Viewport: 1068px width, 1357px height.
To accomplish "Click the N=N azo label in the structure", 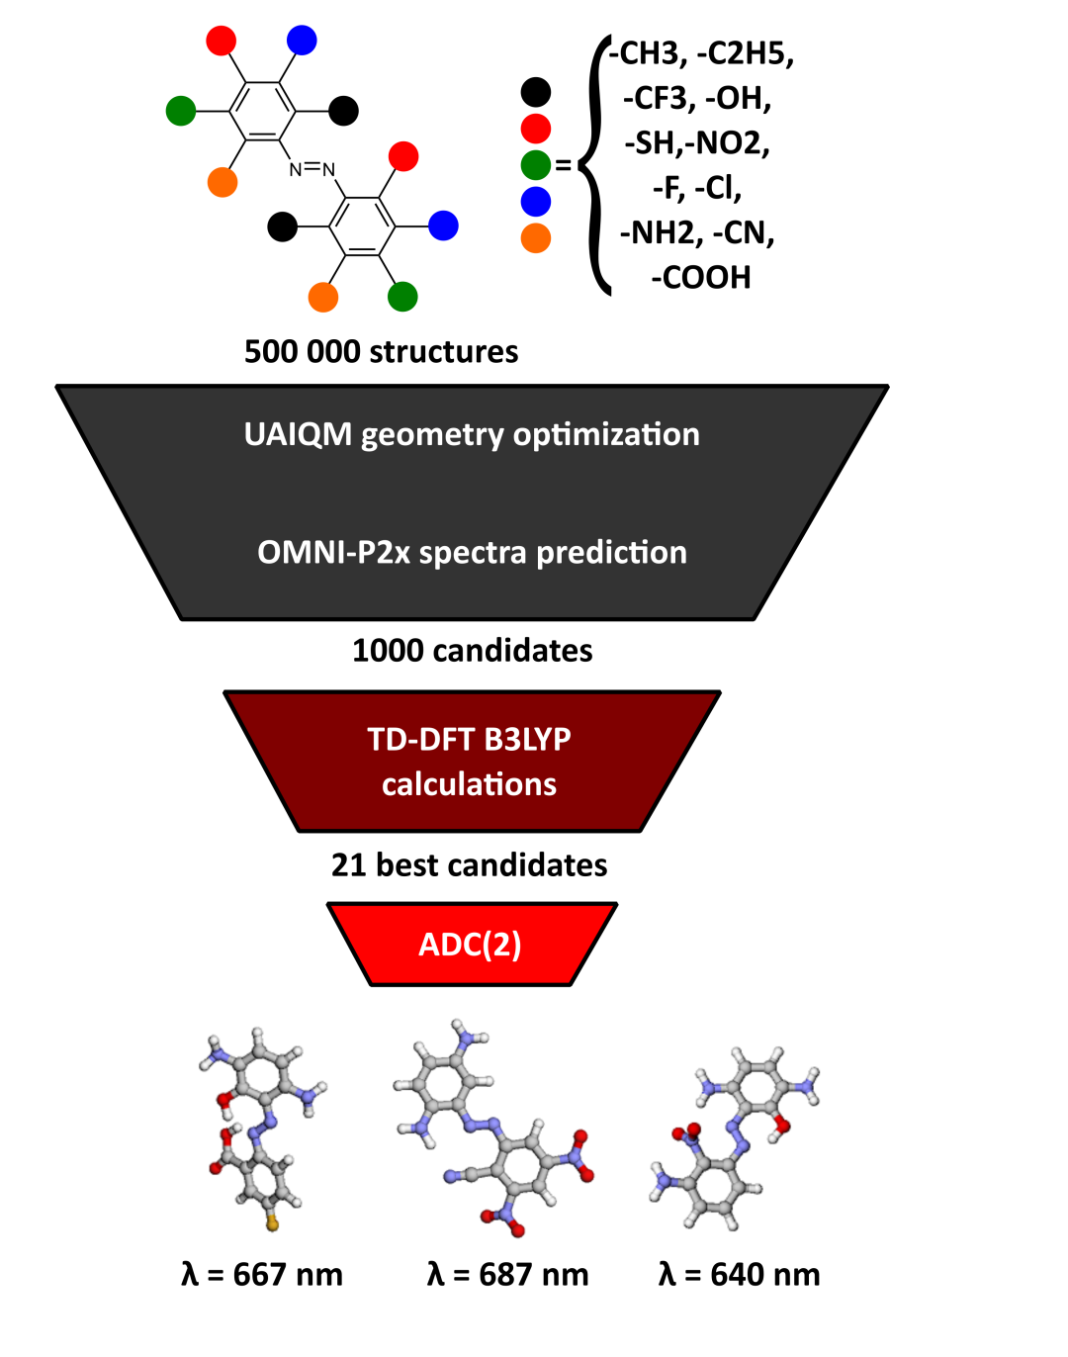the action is tap(311, 169).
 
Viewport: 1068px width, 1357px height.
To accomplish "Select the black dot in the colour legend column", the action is tap(535, 92).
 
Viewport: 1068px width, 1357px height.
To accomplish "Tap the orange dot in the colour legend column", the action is tap(535, 237).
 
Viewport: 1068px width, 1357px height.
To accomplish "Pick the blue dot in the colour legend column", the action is tap(535, 202).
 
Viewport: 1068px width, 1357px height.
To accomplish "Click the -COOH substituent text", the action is tap(700, 278).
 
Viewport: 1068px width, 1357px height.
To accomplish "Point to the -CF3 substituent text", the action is tap(659, 98).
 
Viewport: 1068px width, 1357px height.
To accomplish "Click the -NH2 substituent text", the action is tap(662, 232).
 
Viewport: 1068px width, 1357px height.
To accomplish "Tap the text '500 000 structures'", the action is tap(381, 351).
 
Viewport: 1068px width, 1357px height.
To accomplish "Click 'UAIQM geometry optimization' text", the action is tap(472, 435).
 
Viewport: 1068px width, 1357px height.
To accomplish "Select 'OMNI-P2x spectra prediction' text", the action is tap(472, 552).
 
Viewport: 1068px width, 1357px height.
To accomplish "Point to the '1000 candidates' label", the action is tap(472, 650).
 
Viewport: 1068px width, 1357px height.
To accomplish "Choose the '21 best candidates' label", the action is tap(469, 865).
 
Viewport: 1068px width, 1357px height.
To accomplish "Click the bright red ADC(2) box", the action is tap(472, 944).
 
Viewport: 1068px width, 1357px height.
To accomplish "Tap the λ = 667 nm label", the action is tap(262, 1274).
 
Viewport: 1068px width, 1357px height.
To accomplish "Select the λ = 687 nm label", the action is tap(507, 1274).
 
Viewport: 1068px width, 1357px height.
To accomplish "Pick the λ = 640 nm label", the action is tap(739, 1274).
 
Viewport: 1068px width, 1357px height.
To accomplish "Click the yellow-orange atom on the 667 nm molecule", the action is tap(272, 1223).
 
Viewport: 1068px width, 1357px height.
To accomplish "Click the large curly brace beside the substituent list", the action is tap(591, 165).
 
